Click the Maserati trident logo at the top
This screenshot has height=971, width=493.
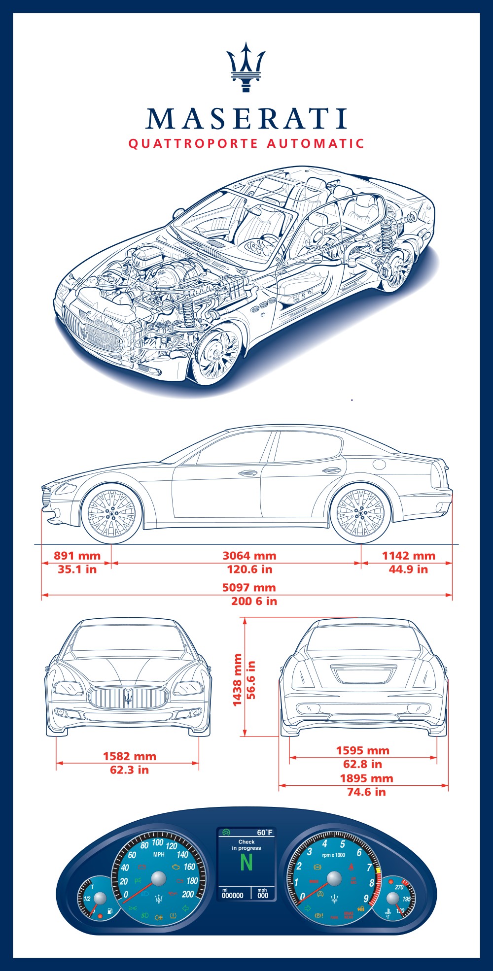coord(246,67)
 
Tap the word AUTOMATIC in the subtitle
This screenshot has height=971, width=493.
coord(316,144)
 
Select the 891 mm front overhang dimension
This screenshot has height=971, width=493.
coord(77,556)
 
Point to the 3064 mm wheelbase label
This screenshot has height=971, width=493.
coord(249,556)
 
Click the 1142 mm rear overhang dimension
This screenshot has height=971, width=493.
coord(409,556)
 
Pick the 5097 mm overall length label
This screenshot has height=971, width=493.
coord(249,587)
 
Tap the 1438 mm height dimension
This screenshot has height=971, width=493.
coord(238,680)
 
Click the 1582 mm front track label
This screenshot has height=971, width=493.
coord(129,756)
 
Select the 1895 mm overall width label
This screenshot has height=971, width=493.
coord(366,778)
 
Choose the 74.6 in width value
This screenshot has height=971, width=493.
coord(366,792)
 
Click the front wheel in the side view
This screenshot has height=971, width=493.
coord(111,513)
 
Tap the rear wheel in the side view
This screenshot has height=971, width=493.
coord(360,513)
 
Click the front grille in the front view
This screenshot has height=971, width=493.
coord(128,698)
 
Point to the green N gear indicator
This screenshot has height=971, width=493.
coord(246,862)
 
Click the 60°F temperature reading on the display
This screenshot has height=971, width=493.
coord(265,833)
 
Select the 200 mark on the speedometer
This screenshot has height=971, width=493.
coord(188,894)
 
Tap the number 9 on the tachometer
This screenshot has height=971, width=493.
coord(366,899)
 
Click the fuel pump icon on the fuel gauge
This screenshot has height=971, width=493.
coord(110,911)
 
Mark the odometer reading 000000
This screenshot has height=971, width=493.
coord(232,896)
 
